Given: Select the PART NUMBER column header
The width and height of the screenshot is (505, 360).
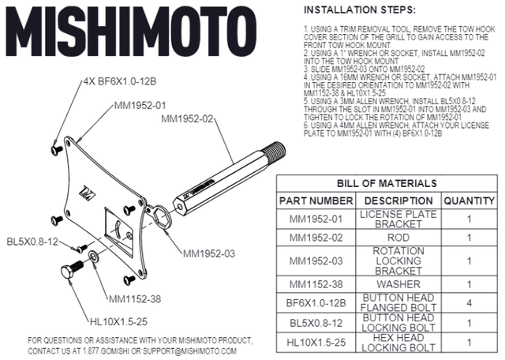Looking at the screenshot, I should (x=316, y=201).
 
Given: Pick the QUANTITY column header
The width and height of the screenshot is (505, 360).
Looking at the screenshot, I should (x=469, y=201).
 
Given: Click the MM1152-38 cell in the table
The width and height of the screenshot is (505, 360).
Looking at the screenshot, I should (x=316, y=283).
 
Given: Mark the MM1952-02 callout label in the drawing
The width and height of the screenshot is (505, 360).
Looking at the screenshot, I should (x=188, y=119).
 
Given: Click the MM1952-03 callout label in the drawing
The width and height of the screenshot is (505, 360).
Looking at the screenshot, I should (x=210, y=254).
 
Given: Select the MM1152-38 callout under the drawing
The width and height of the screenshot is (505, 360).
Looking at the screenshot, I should (x=135, y=299).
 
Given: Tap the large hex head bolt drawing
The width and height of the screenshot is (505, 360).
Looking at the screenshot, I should (x=71, y=270).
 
